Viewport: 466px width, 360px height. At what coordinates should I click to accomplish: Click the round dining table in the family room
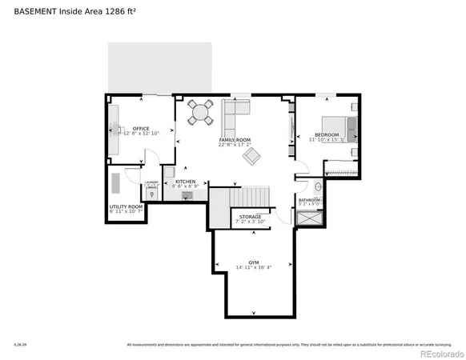tap(201, 114)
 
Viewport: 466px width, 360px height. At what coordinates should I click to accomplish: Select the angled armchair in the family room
tap(251, 156)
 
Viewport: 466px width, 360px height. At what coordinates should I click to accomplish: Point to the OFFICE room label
tap(142, 127)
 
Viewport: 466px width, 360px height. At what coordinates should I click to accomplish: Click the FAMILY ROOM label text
tap(235, 139)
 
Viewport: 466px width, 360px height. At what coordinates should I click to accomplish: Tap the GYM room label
tap(253, 262)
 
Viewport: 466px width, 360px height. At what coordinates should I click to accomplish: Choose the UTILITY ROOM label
tap(126, 206)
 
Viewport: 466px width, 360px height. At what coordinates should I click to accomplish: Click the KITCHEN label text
tap(185, 182)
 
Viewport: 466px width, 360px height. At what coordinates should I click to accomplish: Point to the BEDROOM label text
tap(327, 134)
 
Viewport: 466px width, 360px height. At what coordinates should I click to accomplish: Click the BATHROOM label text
tap(309, 199)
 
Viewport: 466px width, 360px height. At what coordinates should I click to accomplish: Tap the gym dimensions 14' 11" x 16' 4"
tap(253, 267)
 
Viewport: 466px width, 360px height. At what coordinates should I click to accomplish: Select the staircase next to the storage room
tap(248, 197)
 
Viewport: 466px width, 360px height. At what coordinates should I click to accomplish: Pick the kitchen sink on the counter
tap(188, 194)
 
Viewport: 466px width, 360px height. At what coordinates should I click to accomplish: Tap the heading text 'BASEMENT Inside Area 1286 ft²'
tap(66, 11)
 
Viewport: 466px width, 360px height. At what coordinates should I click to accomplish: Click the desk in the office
tap(112, 128)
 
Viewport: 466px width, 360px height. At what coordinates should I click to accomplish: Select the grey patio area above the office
tap(160, 68)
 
